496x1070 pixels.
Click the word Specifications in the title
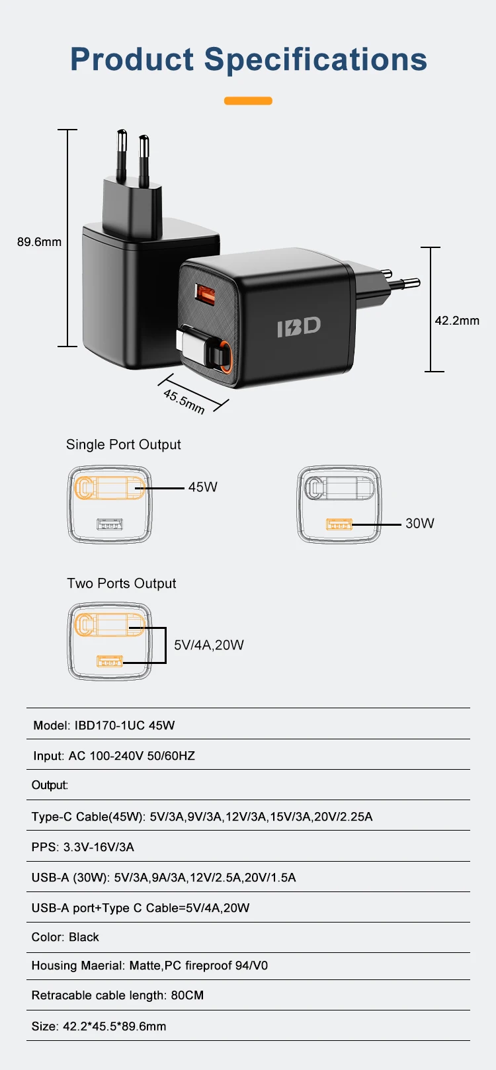315,60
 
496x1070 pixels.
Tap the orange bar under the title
248,101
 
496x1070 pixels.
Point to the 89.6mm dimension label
39,242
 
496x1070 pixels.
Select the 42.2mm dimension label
457,321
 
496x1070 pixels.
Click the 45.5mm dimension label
184,401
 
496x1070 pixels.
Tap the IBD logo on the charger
299,327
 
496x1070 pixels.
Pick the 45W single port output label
202,487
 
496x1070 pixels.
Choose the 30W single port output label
420,524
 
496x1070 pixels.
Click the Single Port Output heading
123,444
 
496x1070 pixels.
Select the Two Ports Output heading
122,583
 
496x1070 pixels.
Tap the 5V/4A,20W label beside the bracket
209,645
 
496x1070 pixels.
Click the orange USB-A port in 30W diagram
339,524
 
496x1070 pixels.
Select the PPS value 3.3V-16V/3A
99,847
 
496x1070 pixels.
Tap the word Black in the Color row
84,937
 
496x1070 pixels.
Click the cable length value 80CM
187,995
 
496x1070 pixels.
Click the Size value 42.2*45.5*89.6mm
114,1026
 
